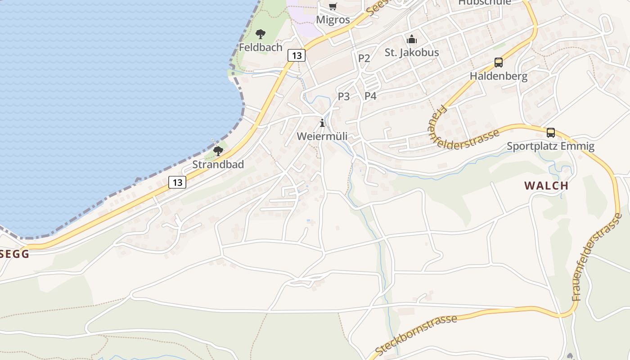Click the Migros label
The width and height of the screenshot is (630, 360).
(333, 20)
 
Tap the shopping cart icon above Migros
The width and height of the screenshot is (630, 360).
(333, 6)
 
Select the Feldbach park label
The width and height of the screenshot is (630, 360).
(261, 47)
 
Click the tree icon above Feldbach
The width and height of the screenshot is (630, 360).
(260, 34)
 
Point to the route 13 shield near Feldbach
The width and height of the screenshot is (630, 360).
(296, 55)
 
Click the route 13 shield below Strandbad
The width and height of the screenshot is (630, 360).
(177, 182)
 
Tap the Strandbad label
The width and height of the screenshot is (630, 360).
(218, 164)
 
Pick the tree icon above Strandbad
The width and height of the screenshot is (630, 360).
(218, 151)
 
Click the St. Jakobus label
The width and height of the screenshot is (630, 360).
(412, 53)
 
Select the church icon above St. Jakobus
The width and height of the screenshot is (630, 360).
(412, 39)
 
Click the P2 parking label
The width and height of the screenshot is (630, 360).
(364, 58)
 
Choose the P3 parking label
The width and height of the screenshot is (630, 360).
(344, 96)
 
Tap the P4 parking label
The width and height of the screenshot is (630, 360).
(370, 96)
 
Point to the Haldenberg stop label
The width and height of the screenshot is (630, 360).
(499, 76)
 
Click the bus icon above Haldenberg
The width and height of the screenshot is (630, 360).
(498, 63)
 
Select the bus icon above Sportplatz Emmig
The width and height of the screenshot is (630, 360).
(550, 133)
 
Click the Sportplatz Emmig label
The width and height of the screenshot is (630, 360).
(550, 146)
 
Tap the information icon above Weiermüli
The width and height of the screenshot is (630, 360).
(322, 122)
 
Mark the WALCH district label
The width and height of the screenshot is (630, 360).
(546, 185)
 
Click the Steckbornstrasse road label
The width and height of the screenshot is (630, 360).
(416, 335)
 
